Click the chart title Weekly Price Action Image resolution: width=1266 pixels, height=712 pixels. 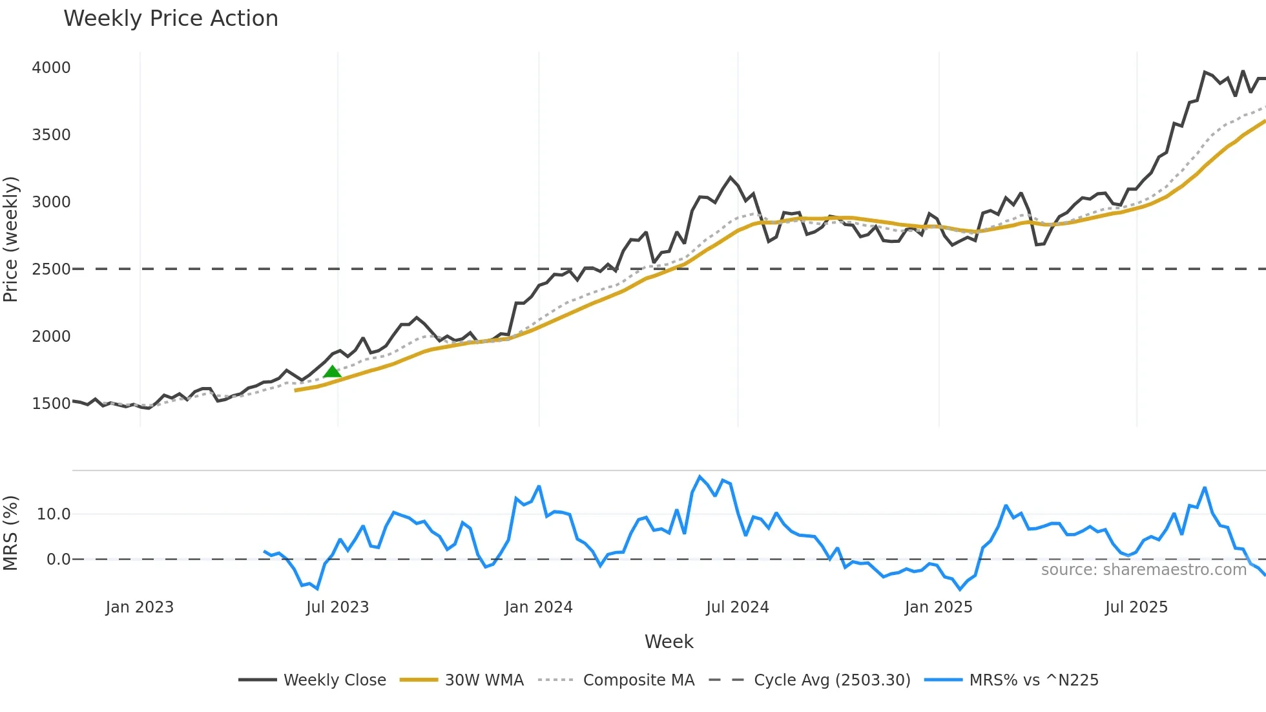[171, 19]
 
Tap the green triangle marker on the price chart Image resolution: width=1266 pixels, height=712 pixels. [332, 372]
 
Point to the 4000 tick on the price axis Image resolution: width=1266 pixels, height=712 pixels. [51, 68]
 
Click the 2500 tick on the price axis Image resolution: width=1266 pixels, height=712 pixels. [51, 269]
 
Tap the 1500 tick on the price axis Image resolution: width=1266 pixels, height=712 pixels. [51, 404]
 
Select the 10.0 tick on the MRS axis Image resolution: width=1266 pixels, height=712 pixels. [54, 514]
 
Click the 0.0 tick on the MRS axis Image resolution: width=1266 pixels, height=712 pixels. [58, 560]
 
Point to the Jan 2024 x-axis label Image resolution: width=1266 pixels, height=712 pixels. [539, 607]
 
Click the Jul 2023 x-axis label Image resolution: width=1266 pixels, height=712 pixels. [337, 607]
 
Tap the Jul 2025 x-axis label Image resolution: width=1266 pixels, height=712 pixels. [1136, 607]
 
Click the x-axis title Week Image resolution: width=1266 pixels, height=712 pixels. [669, 642]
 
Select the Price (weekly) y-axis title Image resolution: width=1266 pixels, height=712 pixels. [10, 239]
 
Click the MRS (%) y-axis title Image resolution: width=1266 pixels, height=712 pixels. [10, 533]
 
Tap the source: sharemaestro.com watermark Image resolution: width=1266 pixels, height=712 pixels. [1143, 570]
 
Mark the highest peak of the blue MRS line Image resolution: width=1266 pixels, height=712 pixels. [700, 477]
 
